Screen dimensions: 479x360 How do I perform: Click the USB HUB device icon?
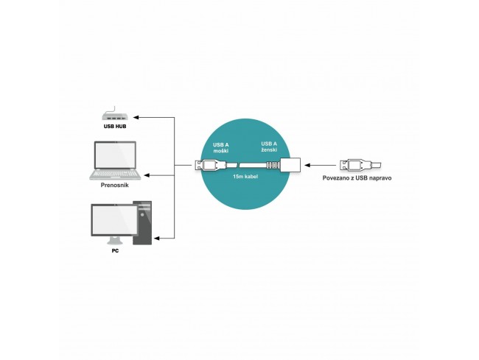(x=114, y=114)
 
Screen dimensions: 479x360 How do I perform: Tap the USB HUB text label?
(x=115, y=127)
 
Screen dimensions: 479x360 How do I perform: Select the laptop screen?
(x=115, y=155)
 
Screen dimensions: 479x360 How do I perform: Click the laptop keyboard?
(x=115, y=174)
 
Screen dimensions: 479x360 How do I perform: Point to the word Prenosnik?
(x=114, y=186)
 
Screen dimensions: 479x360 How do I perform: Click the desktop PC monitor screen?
(x=114, y=219)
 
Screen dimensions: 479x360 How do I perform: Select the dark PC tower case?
(x=143, y=223)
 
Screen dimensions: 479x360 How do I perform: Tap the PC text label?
(x=115, y=251)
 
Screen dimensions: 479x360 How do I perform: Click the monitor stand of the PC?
(x=114, y=241)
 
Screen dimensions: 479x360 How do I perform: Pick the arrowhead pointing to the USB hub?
(x=136, y=117)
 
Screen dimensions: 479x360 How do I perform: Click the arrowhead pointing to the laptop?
(x=147, y=175)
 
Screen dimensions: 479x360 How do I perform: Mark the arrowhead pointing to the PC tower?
(x=157, y=239)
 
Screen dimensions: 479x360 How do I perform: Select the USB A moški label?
(x=221, y=148)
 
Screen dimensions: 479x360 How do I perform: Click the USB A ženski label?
(x=269, y=147)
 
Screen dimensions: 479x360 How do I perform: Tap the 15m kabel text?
(x=245, y=177)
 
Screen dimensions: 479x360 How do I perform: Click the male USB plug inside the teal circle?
(x=210, y=165)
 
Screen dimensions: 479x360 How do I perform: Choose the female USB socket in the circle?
(x=284, y=165)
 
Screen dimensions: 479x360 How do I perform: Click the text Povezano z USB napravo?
(x=357, y=178)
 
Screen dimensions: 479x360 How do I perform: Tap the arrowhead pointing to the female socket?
(x=307, y=165)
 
